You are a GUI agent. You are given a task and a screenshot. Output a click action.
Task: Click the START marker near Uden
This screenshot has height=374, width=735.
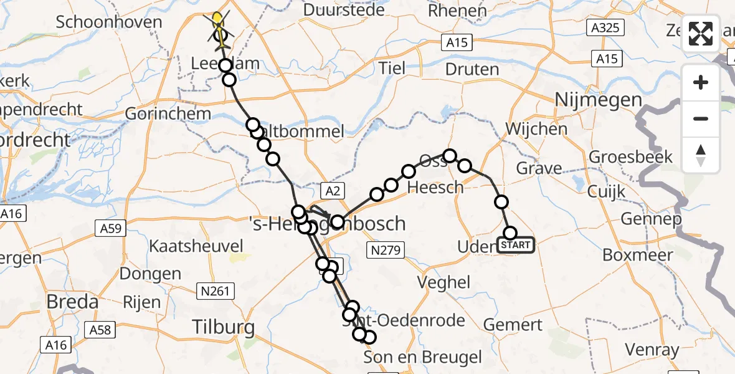click(516, 245)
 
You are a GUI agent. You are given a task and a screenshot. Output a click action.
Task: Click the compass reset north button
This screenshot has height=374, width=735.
click(701, 155)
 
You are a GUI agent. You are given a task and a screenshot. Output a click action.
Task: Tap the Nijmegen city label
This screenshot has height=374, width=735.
click(597, 100)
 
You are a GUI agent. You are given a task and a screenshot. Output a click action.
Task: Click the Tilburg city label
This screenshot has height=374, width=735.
click(223, 327)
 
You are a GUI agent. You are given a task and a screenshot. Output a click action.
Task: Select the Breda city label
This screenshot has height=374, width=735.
click(73, 302)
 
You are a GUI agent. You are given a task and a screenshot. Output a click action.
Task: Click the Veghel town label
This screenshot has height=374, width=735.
click(445, 282)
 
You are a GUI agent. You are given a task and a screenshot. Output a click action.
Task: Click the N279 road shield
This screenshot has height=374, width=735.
click(386, 251)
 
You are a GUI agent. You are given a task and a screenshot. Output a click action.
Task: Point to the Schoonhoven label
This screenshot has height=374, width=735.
click(109, 22)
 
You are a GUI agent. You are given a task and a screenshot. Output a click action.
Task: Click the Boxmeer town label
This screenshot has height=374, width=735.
click(638, 255)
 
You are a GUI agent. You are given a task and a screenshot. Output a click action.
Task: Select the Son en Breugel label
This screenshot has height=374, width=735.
click(422, 357)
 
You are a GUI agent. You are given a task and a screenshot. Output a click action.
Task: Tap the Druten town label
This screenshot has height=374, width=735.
click(473, 69)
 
